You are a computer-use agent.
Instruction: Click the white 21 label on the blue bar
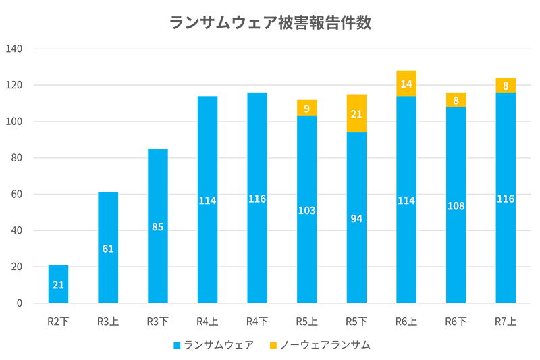click(x=58, y=285)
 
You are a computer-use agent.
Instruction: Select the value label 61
click(x=108, y=249)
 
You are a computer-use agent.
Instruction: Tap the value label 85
click(x=158, y=227)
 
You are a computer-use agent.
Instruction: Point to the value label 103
click(x=307, y=211)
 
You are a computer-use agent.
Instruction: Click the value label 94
click(x=357, y=218)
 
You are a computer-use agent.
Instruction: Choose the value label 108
click(x=456, y=206)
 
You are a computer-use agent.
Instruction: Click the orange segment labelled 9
click(x=307, y=107)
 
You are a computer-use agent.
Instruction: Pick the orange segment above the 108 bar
click(x=456, y=100)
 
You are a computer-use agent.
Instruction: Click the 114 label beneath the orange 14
click(x=406, y=201)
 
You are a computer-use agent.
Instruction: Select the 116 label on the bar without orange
click(x=257, y=199)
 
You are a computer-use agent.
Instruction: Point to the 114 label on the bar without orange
click(x=208, y=201)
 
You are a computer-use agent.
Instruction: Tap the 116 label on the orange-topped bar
click(x=506, y=199)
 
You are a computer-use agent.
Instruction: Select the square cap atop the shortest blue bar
click(x=58, y=256)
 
